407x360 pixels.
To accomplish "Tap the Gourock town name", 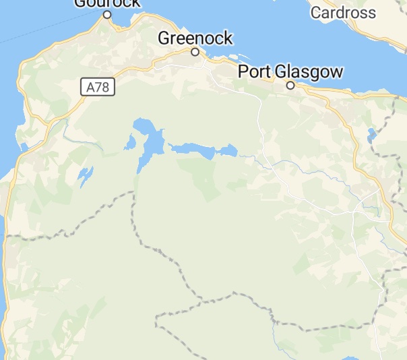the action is pos(108,3).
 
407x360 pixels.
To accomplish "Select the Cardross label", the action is pos(342,13).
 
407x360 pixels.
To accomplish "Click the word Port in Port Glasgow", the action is pos(256,72).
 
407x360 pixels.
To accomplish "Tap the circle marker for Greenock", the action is pos(195,52).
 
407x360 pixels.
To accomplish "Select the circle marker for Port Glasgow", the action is pos(290,86).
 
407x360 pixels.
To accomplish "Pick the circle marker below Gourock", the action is pos(107,15).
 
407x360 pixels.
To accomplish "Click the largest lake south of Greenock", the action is pos(151,142).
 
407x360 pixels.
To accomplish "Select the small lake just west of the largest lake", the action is pos(129,142).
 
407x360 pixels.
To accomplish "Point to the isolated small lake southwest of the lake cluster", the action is pos(85,176).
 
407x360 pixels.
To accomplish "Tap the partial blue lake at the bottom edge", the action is pos(349,357).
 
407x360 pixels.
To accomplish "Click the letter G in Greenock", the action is pos(164,38).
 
